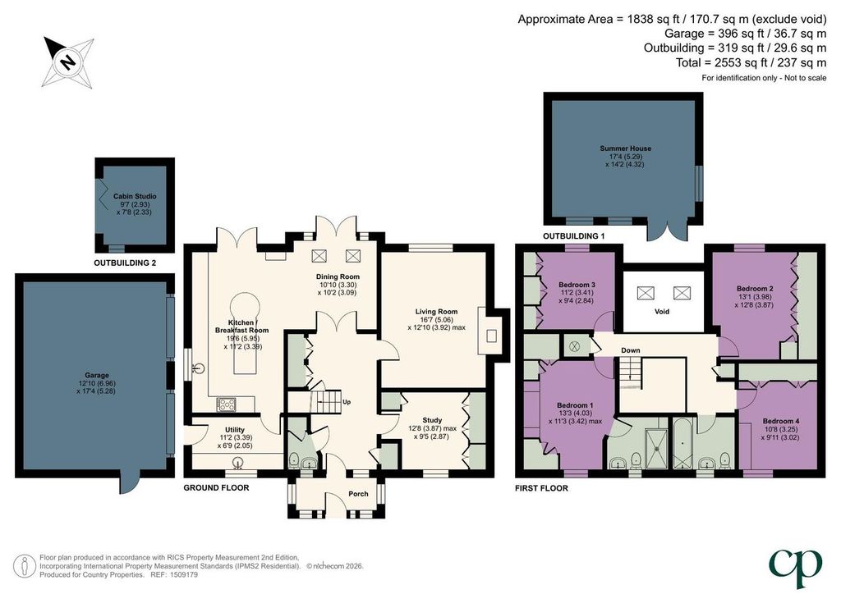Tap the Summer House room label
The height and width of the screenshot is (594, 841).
(x=625, y=148)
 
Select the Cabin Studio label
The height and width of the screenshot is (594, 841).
(x=135, y=196)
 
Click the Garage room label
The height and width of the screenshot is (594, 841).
(x=97, y=375)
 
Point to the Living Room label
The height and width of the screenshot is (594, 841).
(x=437, y=311)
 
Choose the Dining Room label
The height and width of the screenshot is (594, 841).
(x=338, y=277)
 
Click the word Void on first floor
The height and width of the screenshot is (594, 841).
(x=662, y=311)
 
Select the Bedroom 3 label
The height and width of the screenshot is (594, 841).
(x=577, y=285)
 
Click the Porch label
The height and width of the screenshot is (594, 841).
(x=358, y=494)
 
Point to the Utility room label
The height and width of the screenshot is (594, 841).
(x=235, y=430)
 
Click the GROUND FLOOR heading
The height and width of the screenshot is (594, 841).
(x=216, y=488)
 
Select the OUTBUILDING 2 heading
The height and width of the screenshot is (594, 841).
(x=125, y=263)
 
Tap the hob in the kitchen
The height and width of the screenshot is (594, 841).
(x=226, y=404)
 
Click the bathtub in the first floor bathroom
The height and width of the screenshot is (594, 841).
(x=682, y=444)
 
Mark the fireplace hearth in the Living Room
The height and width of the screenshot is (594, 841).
(x=491, y=336)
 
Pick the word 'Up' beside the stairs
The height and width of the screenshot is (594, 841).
(x=347, y=402)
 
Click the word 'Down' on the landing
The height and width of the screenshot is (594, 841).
(x=631, y=350)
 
